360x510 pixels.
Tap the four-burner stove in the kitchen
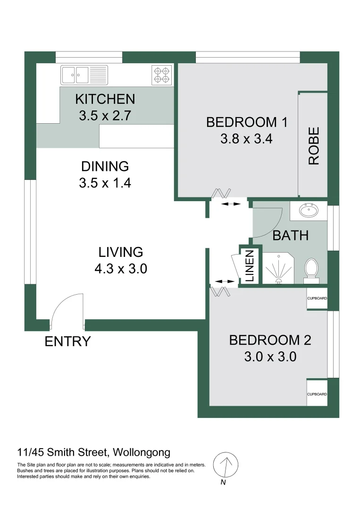click(x=161, y=75)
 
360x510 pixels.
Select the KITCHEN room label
click(x=105, y=99)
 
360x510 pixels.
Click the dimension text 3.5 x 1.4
click(x=105, y=183)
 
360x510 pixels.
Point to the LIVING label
click(x=120, y=252)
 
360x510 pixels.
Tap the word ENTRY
click(x=67, y=341)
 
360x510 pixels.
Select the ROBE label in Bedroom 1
click(x=314, y=145)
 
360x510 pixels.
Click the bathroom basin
click(x=309, y=210)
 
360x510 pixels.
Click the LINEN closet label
click(x=250, y=266)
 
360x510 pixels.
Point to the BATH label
click(x=291, y=235)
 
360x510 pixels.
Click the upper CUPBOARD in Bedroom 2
click(x=317, y=298)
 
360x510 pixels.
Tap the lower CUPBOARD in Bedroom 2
click(x=317, y=393)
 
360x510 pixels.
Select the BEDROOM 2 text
click(x=270, y=340)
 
